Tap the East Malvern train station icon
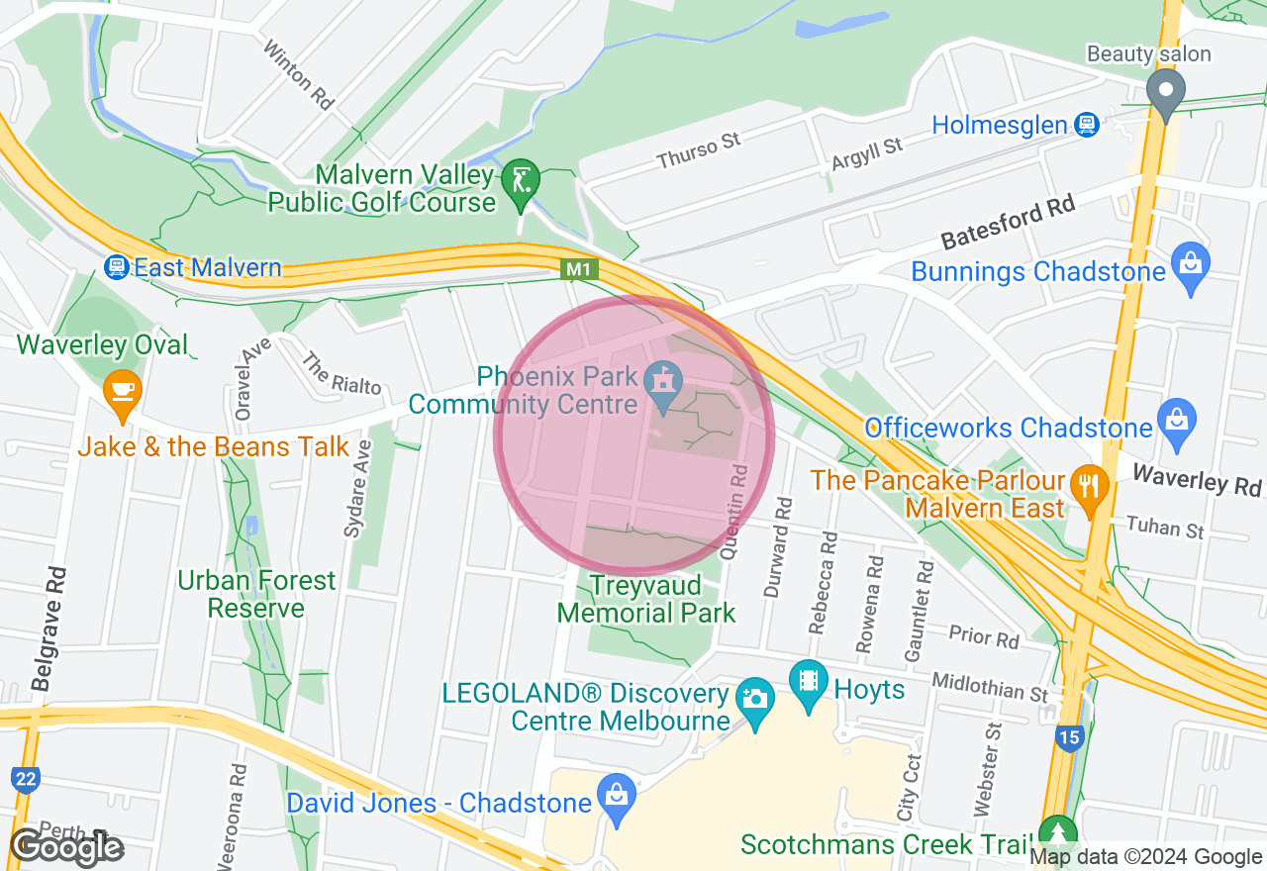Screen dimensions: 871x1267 (x=118, y=267)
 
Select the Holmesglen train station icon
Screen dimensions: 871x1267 (x=1087, y=125)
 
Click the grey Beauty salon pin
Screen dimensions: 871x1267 (x=1166, y=92)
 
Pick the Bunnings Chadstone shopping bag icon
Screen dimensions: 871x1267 (x=1190, y=264)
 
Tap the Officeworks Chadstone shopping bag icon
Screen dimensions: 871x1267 (x=1176, y=421)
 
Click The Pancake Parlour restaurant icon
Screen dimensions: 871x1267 (x=1089, y=486)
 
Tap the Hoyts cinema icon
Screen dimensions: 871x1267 (x=809, y=681)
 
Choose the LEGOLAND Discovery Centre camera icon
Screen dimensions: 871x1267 (x=755, y=699)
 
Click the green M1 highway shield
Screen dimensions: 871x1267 (x=578, y=268)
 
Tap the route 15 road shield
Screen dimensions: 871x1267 (x=1068, y=737)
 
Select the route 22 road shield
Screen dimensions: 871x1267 (x=26, y=779)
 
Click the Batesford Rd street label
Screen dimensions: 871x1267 (x=1008, y=223)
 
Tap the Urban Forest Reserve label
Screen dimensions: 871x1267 (x=256, y=594)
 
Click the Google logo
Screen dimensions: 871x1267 (x=66, y=847)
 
